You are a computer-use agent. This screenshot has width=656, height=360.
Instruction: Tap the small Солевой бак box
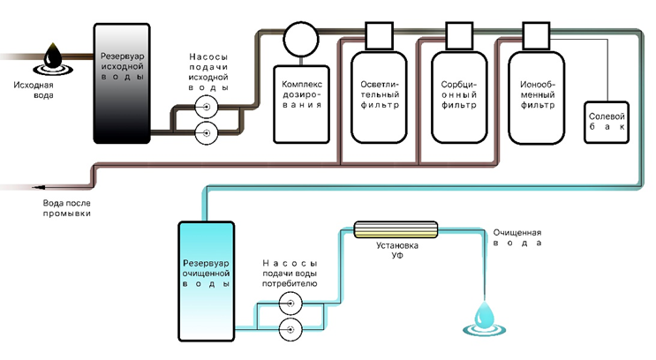click(607, 118)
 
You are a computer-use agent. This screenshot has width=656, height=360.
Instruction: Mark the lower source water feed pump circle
click(206, 133)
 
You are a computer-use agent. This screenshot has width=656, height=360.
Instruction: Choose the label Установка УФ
click(396, 250)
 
